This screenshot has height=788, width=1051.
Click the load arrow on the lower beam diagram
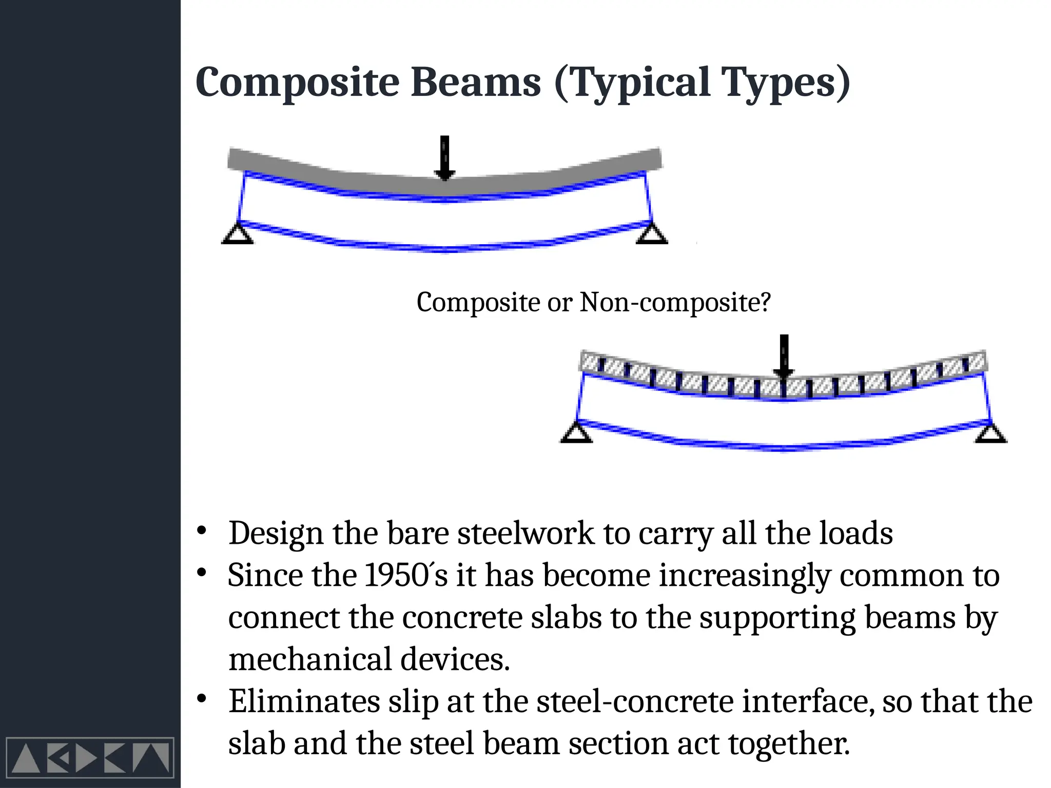tap(784, 356)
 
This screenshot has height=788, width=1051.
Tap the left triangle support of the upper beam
tap(238, 234)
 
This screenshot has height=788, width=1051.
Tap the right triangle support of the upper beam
tap(652, 234)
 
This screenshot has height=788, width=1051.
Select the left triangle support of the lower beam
tap(577, 432)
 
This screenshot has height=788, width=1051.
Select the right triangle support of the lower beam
tap(991, 432)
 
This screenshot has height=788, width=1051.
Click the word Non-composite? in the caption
tap(675, 302)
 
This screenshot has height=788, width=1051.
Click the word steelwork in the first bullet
tap(525, 533)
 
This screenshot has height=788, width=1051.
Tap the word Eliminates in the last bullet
tap(304, 701)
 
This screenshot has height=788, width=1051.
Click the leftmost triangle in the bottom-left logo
tap(26, 759)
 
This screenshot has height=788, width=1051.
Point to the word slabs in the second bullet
tap(566, 617)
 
